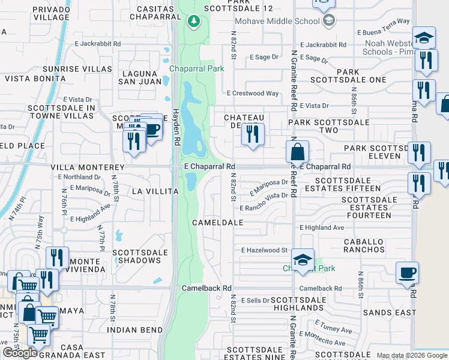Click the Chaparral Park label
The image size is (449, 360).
click(x=196, y=68)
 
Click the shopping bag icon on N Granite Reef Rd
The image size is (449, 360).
click(x=298, y=153)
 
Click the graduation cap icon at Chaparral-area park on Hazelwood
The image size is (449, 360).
click(x=303, y=260)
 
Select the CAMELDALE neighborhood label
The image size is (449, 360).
click(x=217, y=222)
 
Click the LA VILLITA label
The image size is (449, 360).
click(x=155, y=191)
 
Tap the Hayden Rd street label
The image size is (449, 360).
click(x=176, y=114)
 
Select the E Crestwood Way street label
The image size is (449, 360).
click(x=253, y=93)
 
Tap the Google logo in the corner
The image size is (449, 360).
click(x=20, y=353)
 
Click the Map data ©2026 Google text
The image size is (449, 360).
click(x=412, y=356)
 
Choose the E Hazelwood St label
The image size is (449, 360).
click(x=265, y=250)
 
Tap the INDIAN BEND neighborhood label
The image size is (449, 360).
click(x=134, y=330)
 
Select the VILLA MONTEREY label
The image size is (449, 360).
click(x=88, y=167)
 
